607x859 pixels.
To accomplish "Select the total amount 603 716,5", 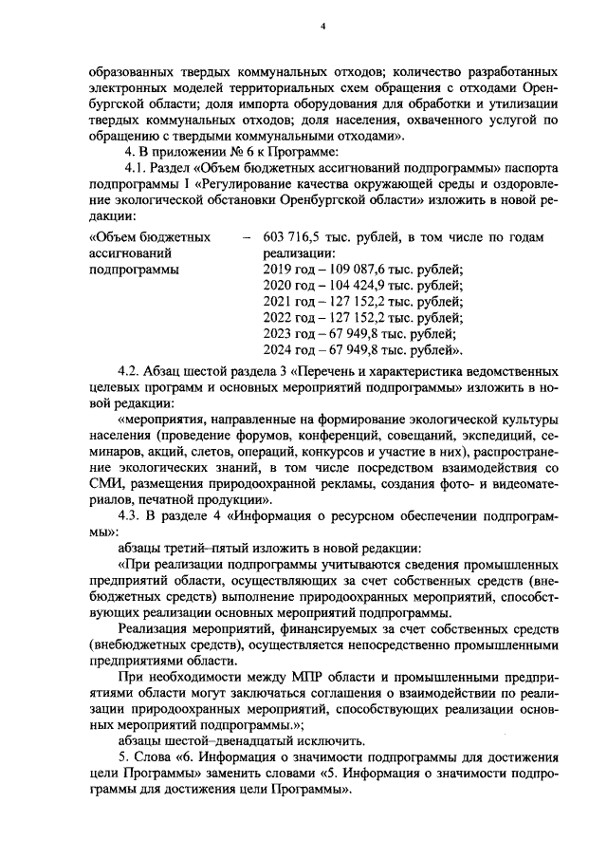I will coord(291,235).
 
